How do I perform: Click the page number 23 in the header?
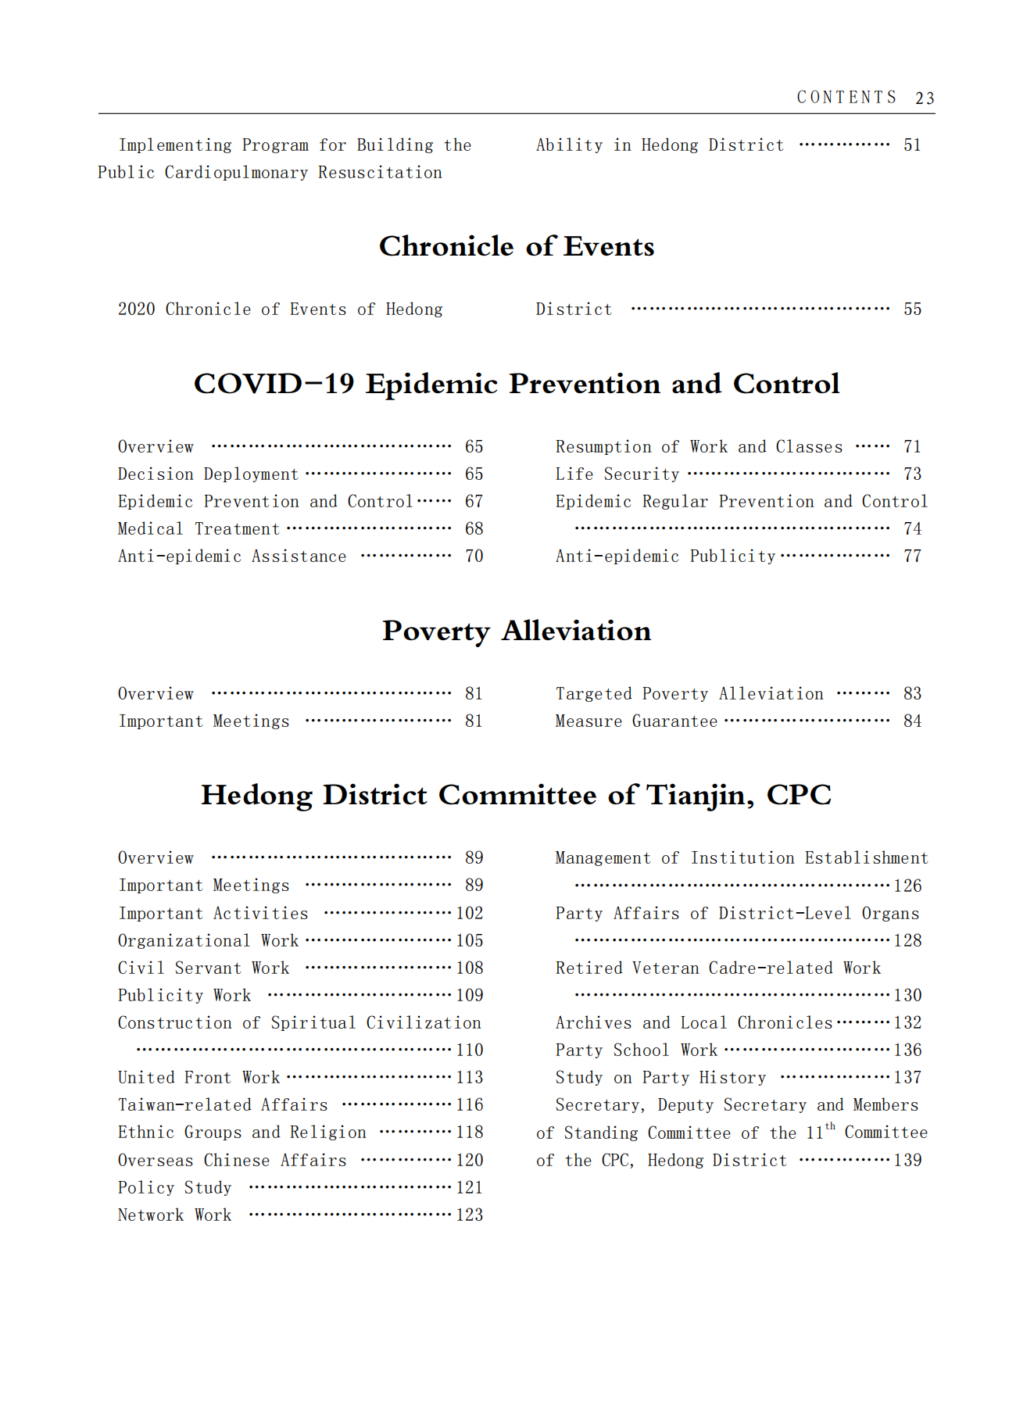click(x=925, y=98)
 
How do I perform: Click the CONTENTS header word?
click(x=846, y=97)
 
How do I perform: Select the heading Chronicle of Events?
click(x=517, y=246)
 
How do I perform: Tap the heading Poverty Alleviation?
click(x=517, y=631)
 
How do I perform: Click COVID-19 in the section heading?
click(x=274, y=384)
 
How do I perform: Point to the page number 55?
click(x=912, y=310)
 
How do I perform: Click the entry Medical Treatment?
click(x=199, y=529)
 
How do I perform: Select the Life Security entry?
click(x=617, y=474)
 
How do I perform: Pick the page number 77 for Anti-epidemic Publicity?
click(x=912, y=557)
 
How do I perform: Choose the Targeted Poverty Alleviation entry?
click(x=689, y=694)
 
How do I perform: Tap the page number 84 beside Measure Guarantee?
click(x=912, y=721)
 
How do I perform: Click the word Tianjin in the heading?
click(x=699, y=795)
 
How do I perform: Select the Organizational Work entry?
click(x=208, y=941)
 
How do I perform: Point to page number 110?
click(x=470, y=1050)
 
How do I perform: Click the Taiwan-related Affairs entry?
click(x=223, y=1105)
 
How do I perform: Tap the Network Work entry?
click(x=174, y=1215)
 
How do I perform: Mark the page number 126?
click(x=907, y=886)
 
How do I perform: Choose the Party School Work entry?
click(x=636, y=1050)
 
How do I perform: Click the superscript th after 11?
click(x=830, y=1126)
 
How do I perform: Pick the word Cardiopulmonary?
click(x=236, y=173)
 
